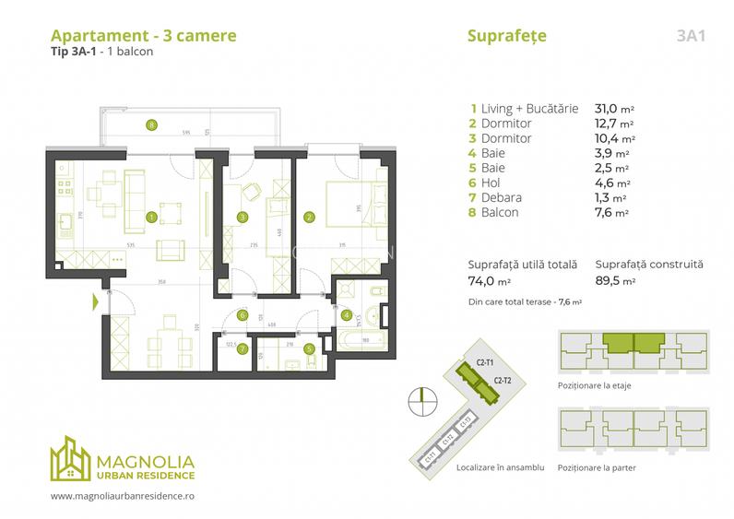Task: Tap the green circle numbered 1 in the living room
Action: coord(151,218)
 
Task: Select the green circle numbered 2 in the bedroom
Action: coord(309,218)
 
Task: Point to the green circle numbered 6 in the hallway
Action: coord(243,315)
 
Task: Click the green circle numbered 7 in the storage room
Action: coord(243,348)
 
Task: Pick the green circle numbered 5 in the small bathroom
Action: coord(309,348)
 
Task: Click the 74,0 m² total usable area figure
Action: coord(489,280)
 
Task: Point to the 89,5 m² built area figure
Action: coord(615,280)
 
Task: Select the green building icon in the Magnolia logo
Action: coord(71,459)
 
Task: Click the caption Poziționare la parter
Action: coord(598,467)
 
